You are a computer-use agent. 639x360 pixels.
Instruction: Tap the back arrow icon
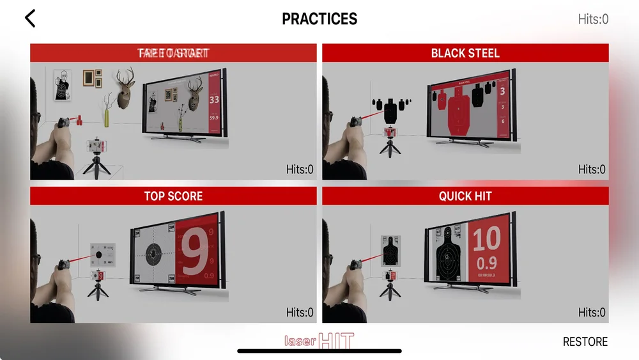[29, 18]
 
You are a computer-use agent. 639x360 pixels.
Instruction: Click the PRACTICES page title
[319, 19]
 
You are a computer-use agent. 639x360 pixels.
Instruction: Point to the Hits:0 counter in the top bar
[592, 19]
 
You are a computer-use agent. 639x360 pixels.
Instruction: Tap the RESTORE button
[585, 341]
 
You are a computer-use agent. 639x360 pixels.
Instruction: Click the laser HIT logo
[319, 341]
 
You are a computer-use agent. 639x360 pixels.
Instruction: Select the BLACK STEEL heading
[465, 53]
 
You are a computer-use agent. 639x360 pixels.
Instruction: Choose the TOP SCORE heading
[173, 196]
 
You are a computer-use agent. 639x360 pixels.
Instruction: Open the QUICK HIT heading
[465, 196]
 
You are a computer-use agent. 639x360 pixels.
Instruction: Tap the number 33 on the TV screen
[214, 100]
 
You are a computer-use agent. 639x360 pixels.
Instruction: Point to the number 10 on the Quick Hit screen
[486, 240]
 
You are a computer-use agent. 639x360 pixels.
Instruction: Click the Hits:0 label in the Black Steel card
[592, 169]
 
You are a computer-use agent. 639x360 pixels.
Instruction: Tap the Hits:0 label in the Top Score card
[300, 313]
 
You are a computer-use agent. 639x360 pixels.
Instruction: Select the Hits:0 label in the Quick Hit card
[592, 313]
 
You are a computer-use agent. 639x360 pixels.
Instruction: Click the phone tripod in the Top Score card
[97, 288]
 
